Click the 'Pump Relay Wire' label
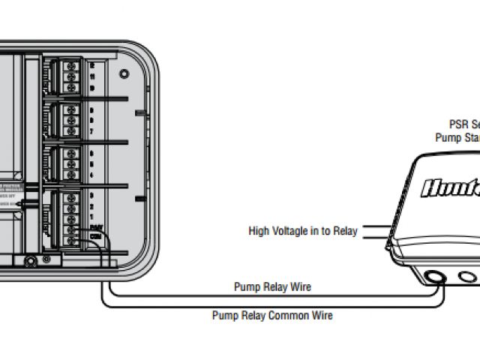(272, 287)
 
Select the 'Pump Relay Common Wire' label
(272, 316)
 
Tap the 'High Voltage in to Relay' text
(303, 231)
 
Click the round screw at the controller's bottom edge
(31, 262)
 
